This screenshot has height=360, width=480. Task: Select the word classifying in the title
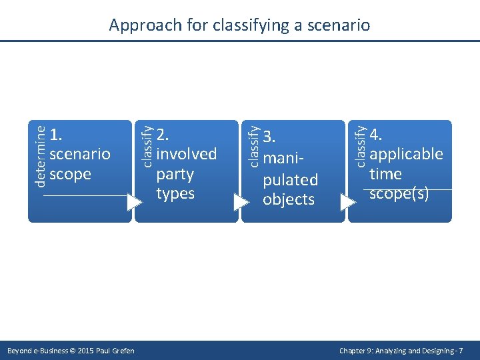click(254, 26)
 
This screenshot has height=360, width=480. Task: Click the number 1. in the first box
click(57, 135)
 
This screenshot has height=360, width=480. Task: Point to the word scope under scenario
click(70, 174)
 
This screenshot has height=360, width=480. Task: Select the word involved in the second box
click(187, 154)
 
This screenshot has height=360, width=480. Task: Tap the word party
click(175, 174)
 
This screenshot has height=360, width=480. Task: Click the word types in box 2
click(175, 193)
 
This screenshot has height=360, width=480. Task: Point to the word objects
click(289, 199)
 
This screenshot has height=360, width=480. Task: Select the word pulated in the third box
click(291, 180)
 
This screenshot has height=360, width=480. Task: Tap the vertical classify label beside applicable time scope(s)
click(361, 143)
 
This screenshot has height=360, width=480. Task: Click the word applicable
click(406, 154)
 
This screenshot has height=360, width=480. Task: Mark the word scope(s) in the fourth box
click(399, 193)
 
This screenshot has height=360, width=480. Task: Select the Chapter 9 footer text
click(401, 351)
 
